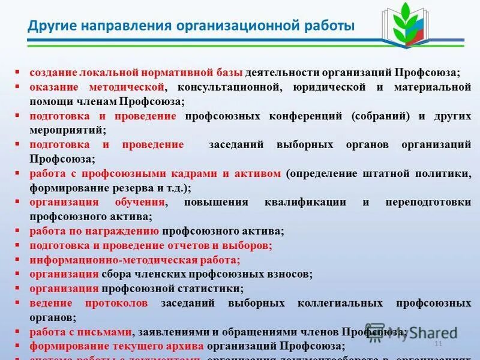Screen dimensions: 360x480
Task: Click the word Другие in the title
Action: (51, 26)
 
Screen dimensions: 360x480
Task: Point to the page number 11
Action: (438, 343)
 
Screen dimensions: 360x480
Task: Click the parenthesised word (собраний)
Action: (377, 116)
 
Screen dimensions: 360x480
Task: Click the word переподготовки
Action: (428, 202)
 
